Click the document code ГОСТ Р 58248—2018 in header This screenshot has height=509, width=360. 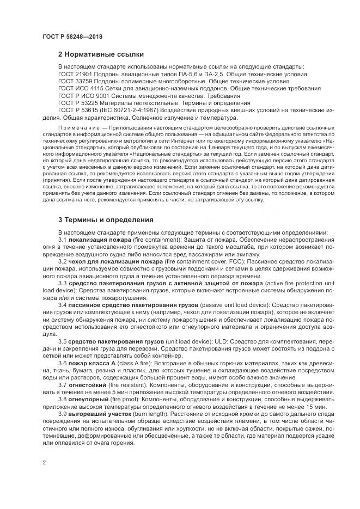tap(72, 36)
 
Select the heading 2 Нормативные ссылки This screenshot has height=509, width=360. tap(101, 54)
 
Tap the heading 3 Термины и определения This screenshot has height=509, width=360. tap(106, 220)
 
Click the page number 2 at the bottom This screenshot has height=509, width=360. tap(44, 463)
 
